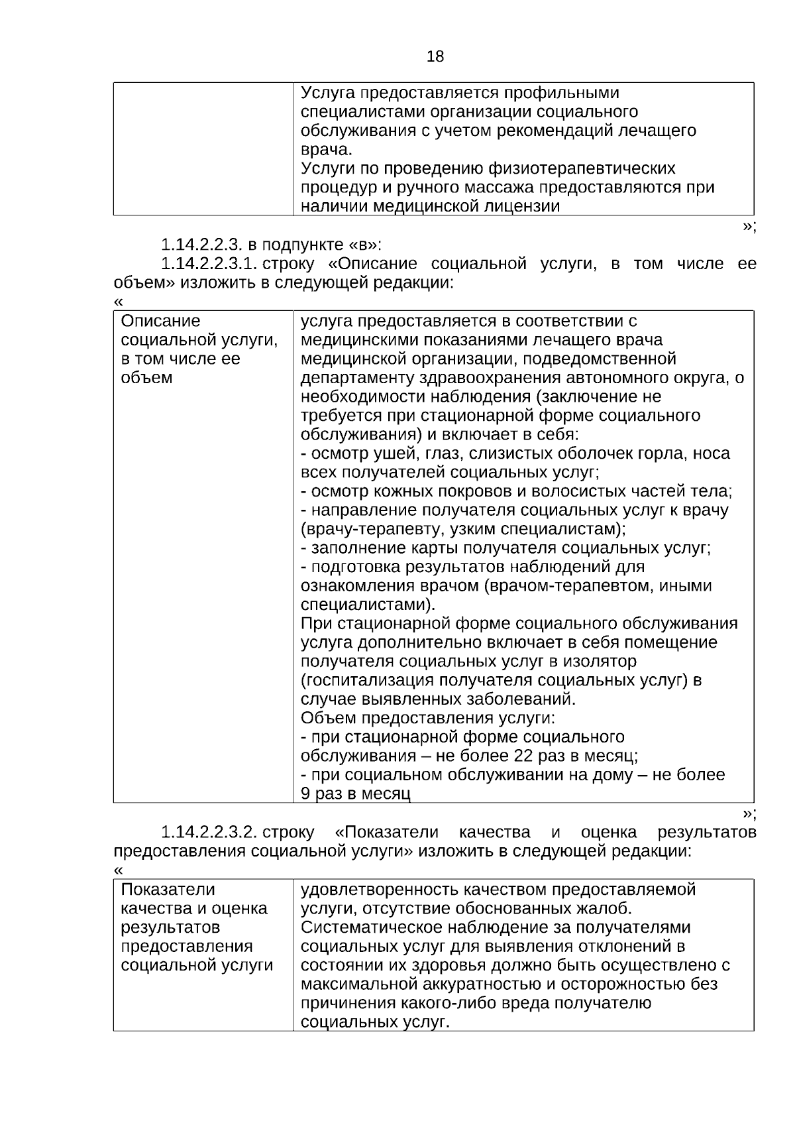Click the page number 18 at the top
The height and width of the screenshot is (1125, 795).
[x=435, y=57]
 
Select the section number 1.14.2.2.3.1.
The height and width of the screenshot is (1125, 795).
[x=209, y=264]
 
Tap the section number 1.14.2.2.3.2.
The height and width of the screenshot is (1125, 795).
[x=209, y=832]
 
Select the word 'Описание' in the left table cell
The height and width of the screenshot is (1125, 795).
[x=160, y=322]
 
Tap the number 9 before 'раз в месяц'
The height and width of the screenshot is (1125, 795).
[x=305, y=794]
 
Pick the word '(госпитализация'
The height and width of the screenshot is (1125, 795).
[x=350, y=680]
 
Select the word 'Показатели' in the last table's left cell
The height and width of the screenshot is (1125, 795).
[x=168, y=890]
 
